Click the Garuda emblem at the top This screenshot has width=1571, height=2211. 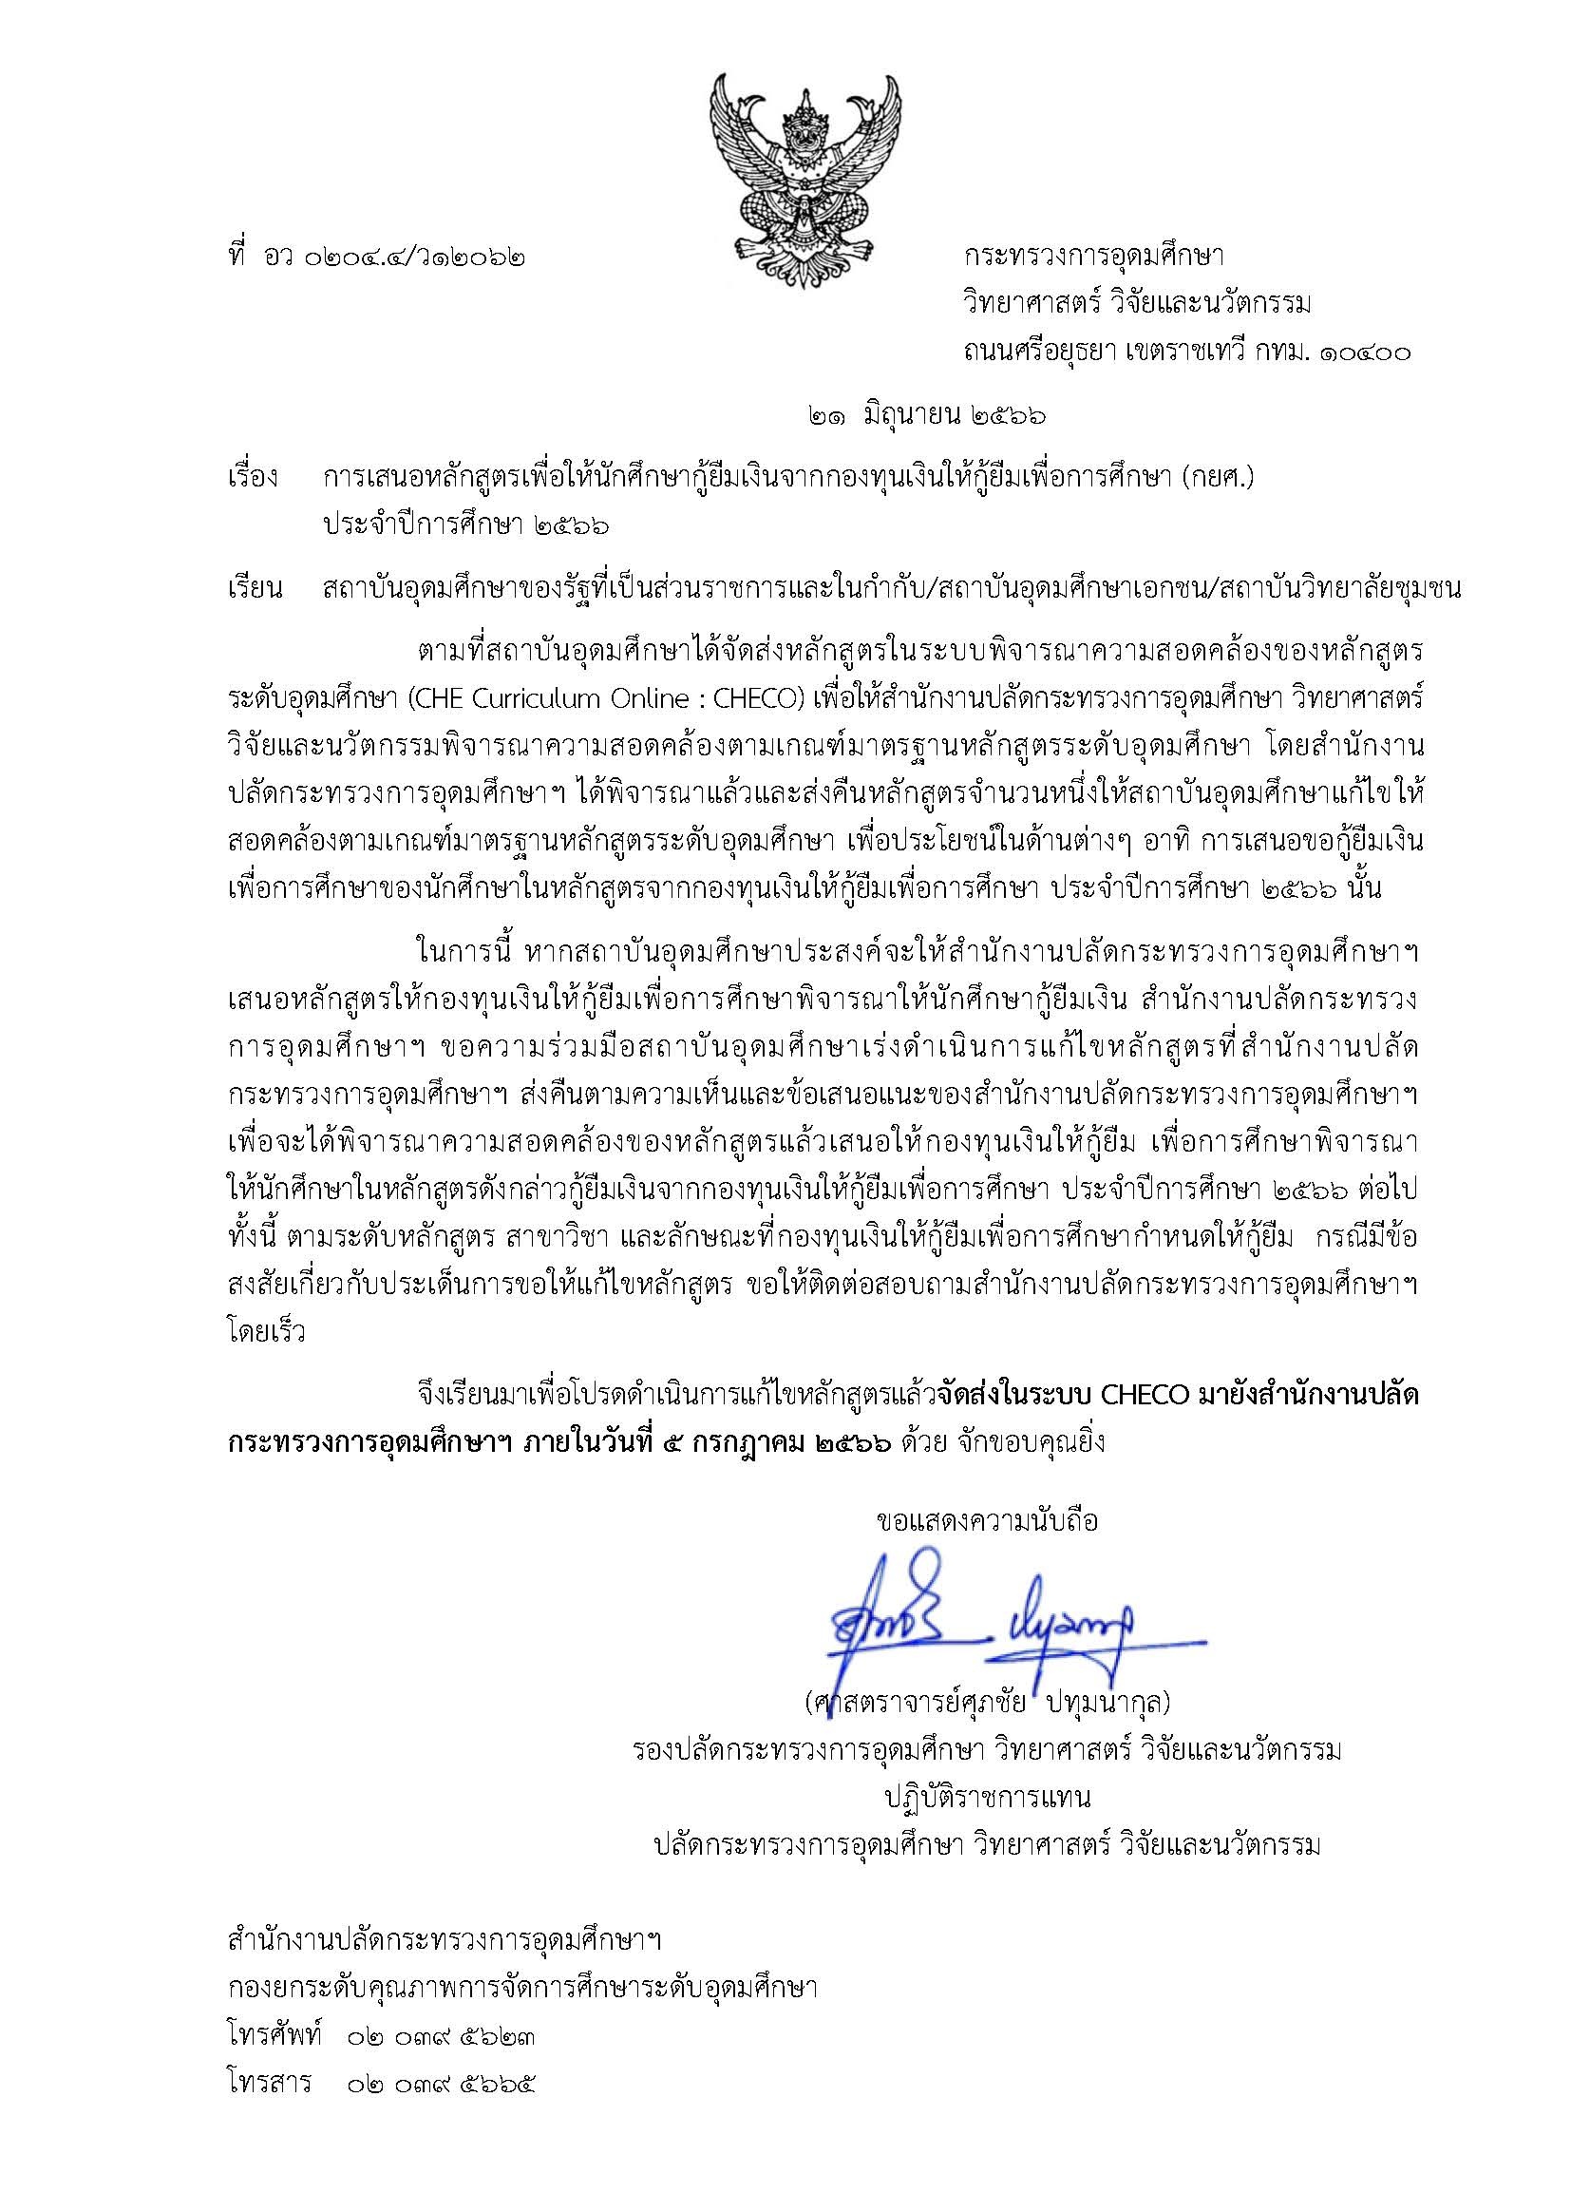[x=804, y=164]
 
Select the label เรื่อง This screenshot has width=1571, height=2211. [x=254, y=478]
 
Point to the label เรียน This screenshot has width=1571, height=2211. [x=254, y=589]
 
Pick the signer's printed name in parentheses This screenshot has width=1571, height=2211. [x=987, y=1700]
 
